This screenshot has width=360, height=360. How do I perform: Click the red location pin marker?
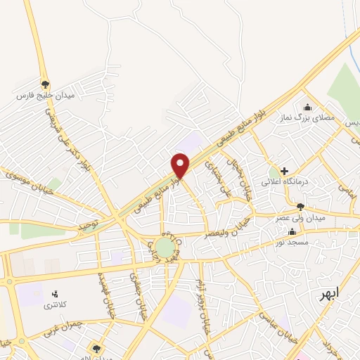coord(181,166)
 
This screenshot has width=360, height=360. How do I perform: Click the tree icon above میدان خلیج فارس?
coord(46,83)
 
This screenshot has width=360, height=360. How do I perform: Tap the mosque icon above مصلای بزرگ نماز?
coord(307,107)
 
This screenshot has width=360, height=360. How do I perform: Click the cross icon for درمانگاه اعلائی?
coord(284,171)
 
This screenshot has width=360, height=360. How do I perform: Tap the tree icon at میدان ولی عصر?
coord(301,207)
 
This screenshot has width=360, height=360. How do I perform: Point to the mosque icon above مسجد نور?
coord(292,231)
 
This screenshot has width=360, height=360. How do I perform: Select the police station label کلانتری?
coord(54,304)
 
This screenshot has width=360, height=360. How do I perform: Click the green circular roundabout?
coord(163,247)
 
